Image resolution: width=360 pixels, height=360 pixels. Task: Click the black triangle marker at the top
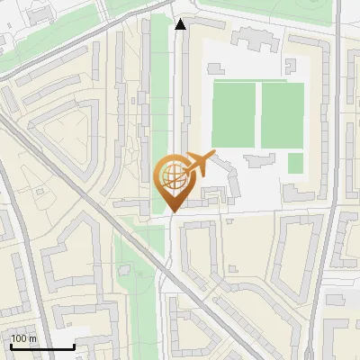point(181,23)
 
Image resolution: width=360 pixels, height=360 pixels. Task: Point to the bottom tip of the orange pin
point(171,211)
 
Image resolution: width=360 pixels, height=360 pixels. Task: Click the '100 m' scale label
point(23,338)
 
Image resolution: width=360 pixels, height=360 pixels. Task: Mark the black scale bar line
point(42,346)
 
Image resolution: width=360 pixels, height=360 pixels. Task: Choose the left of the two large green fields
point(233,115)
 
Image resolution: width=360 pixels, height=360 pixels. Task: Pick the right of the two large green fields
point(283,115)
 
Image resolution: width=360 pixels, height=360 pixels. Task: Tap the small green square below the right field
point(295,163)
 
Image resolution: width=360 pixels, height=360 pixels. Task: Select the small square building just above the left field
point(215,68)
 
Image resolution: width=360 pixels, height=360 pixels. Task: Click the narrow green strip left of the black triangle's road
point(159,81)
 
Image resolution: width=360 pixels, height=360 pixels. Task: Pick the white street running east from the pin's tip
point(261,213)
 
